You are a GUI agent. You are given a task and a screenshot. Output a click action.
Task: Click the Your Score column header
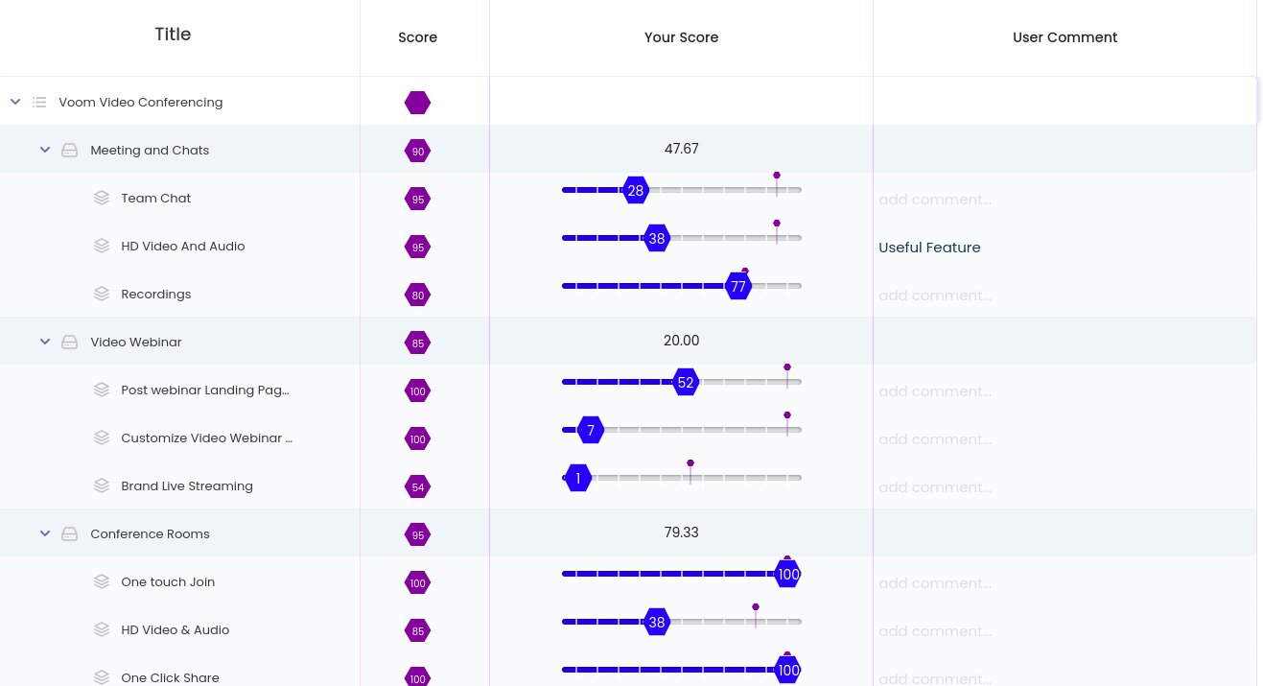pyautogui.click(x=681, y=37)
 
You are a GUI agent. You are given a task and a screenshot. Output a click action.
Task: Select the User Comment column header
pyautogui.click(x=1064, y=37)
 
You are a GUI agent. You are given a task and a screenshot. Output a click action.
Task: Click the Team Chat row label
pyautogui.click(x=155, y=199)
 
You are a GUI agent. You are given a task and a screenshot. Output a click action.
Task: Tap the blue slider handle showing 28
pyautogui.click(x=635, y=191)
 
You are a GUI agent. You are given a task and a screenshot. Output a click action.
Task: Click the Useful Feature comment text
pyautogui.click(x=929, y=248)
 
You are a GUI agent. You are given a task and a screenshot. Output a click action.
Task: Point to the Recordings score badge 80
pyautogui.click(x=417, y=296)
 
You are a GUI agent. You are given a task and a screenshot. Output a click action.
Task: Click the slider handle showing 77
pyautogui.click(x=737, y=287)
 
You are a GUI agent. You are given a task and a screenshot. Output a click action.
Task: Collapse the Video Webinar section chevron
pyautogui.click(x=45, y=343)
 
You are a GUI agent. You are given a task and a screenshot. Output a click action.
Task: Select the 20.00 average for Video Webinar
pyautogui.click(x=681, y=341)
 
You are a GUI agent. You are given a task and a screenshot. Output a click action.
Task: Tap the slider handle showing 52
pyautogui.click(x=685, y=383)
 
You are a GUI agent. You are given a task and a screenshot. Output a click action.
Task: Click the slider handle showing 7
pyautogui.click(x=591, y=431)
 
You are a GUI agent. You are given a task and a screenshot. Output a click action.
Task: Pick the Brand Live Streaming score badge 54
pyautogui.click(x=417, y=487)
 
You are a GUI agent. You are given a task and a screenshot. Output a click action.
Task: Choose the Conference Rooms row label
pyautogui.click(x=150, y=534)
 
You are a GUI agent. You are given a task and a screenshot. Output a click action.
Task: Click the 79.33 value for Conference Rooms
pyautogui.click(x=681, y=532)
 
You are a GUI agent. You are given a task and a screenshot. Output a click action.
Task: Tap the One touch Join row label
pyautogui.click(x=168, y=582)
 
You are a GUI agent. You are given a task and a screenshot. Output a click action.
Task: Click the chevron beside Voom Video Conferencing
pyautogui.click(x=15, y=102)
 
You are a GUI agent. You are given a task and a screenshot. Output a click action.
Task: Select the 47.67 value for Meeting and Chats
pyautogui.click(x=681, y=149)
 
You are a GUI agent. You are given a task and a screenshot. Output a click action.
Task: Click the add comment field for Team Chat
pyautogui.click(x=935, y=200)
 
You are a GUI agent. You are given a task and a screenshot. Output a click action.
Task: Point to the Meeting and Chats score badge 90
pyautogui.click(x=417, y=152)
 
